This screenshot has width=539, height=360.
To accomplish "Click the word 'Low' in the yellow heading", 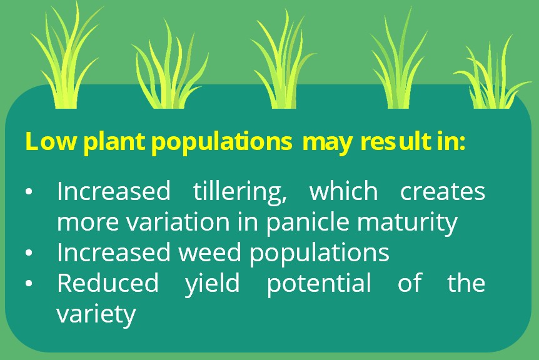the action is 50,141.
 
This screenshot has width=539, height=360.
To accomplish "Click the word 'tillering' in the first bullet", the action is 240,192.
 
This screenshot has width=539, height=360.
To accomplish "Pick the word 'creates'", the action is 443,191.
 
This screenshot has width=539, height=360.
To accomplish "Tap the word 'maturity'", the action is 407,223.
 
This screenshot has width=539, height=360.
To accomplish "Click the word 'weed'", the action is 209,252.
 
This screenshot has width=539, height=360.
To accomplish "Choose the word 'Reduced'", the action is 108,282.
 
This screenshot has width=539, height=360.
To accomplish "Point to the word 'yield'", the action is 212,285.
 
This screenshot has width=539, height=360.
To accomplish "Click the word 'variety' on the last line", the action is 96,315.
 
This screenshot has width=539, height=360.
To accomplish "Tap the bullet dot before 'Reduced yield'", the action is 29,283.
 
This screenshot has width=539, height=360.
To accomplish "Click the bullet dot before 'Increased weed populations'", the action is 29,253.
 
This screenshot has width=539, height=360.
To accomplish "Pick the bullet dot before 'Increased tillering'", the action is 29,192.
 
